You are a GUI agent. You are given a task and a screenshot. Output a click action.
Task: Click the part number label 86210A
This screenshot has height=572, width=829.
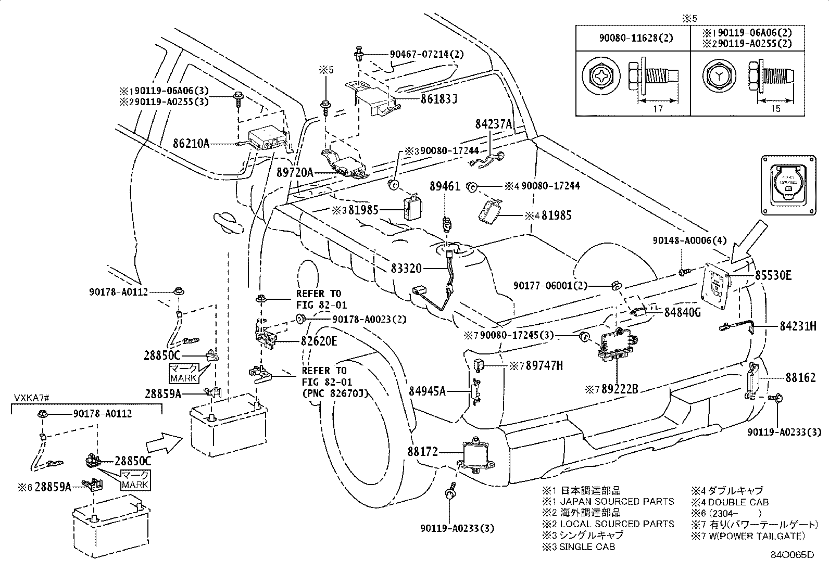tap(191, 143)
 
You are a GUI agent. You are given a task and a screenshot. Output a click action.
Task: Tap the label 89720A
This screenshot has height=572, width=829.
tap(295, 172)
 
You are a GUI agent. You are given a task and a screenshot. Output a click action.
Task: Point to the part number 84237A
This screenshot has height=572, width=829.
tap(494, 124)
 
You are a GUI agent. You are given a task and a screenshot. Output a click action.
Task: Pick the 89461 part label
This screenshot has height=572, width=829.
tap(445, 186)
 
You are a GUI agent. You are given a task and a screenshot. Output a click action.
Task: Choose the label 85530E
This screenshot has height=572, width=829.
tap(773, 275)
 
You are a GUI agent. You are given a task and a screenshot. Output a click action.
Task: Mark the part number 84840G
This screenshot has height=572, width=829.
tap(683, 312)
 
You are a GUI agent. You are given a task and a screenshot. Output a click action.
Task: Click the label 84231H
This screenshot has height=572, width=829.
tap(798, 326)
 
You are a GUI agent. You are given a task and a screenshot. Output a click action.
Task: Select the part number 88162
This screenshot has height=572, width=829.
tap(801, 377)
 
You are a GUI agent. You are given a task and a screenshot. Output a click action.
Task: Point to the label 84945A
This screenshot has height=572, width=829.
tap(427, 390)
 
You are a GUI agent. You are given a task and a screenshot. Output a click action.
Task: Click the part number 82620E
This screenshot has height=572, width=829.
tap(319, 341)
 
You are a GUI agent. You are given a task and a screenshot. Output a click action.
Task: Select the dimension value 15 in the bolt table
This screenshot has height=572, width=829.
tap(775, 109)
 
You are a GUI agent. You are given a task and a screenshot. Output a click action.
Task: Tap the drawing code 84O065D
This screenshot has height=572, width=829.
tap(792, 555)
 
